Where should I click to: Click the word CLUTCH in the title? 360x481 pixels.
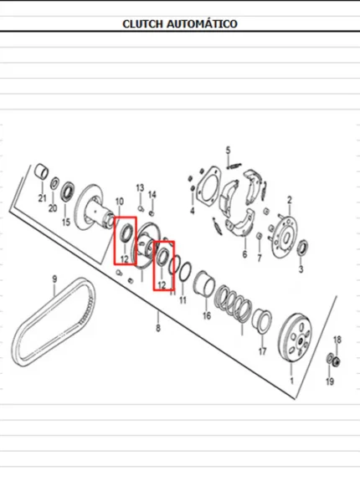143,24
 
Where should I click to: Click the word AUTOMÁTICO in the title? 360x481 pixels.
202,23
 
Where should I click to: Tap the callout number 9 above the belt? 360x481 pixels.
54,279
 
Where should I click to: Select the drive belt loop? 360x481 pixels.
54,322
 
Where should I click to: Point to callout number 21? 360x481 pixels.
42,198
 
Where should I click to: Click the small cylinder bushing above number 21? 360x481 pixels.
41,171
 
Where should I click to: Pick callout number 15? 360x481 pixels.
66,222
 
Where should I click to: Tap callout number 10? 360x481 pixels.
120,202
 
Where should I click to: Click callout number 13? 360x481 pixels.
140,187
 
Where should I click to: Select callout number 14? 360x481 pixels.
152,195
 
